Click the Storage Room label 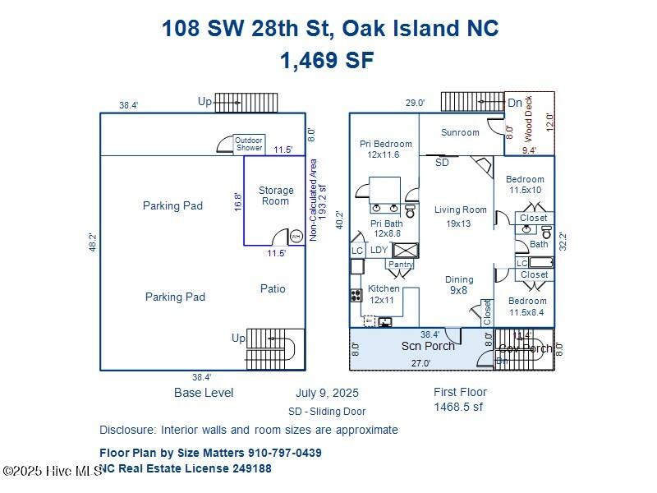(276, 196)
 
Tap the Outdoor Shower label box (249, 144)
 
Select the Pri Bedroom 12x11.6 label (385, 149)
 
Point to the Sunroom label (460, 132)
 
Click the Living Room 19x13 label (461, 216)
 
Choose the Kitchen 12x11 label (384, 294)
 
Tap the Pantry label (401, 265)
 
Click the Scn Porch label (428, 346)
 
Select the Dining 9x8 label (459, 284)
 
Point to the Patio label (273, 288)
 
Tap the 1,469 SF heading (327, 60)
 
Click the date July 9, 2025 (327, 394)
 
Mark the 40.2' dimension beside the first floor (341, 220)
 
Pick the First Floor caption (460, 392)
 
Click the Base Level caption (204, 393)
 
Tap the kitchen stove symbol (356, 295)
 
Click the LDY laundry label (379, 250)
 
